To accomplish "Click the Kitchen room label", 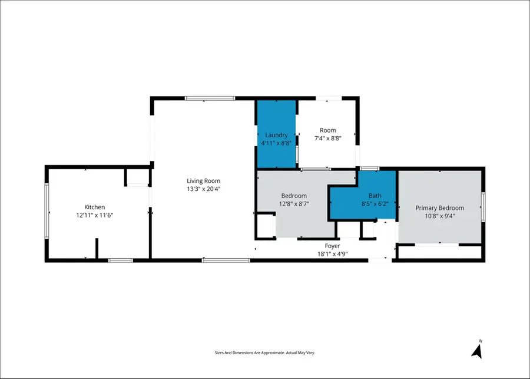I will coord(94,207).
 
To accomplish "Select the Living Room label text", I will coord(203,181).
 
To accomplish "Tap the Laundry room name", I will coord(276,135).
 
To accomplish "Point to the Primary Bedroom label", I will coord(439,207).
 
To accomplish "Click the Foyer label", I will coord(332,246).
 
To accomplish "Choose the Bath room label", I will coord(375,196).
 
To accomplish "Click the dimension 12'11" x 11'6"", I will coord(94,216).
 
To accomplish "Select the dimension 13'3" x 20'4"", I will coord(203,189).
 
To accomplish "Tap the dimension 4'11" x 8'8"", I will coord(276,143).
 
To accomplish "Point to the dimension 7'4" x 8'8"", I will coord(327,139).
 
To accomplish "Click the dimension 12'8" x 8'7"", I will coord(293,204).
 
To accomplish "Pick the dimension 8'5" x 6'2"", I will coord(375,204).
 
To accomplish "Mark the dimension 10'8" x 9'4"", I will coord(439,216).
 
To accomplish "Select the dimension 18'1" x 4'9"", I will coord(332,254).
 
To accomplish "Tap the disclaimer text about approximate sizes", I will coord(264,352).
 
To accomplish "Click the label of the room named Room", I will coord(327,130).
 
